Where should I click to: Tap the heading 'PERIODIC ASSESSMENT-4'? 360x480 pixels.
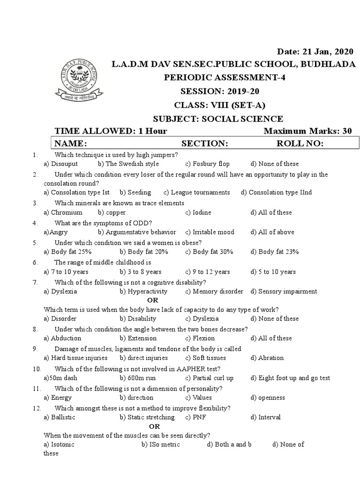coord(218,78)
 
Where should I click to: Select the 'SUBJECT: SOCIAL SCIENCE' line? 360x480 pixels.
coord(218,119)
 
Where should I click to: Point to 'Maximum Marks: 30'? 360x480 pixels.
coord(307,131)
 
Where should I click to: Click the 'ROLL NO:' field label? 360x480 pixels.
coord(300,143)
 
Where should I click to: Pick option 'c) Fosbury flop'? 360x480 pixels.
coord(207,164)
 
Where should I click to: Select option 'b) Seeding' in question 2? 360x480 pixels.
coord(135,192)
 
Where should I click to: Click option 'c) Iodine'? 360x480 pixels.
coord(198,212)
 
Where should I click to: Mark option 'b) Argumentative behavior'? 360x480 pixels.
coord(137,232)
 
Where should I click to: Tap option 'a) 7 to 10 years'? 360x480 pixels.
coord(66,272)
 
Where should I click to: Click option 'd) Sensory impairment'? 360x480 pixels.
coord(284,292)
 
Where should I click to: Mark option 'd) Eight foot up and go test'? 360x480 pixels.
coord(290,378)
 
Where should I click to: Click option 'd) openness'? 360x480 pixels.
coord(268,397)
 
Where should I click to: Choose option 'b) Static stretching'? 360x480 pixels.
coord(147,417)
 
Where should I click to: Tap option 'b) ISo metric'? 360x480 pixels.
coord(160,444)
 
